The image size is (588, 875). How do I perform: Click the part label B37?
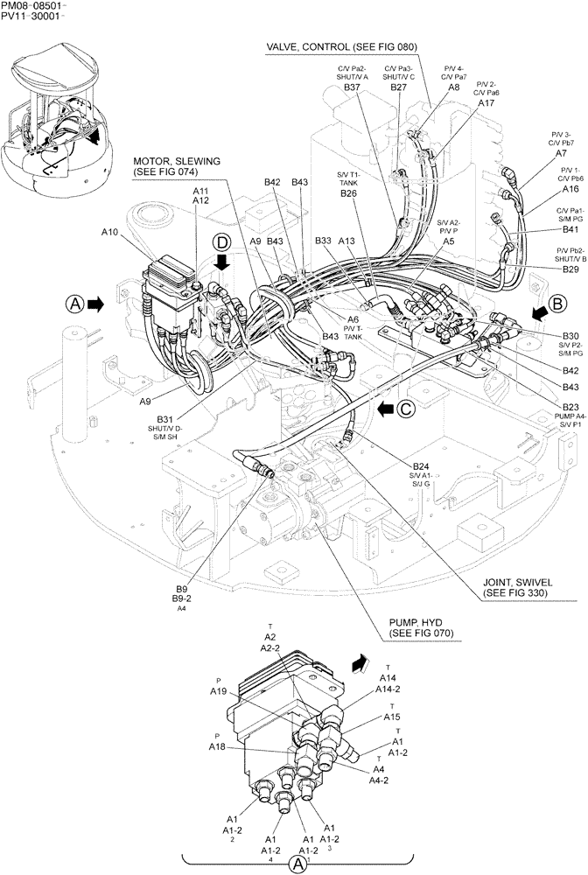coord(353,87)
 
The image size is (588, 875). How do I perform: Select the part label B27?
coord(399,87)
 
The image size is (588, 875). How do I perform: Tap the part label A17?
coord(486,103)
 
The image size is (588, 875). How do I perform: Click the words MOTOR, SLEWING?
coord(177,162)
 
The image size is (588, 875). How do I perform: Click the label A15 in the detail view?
coord(391,717)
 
